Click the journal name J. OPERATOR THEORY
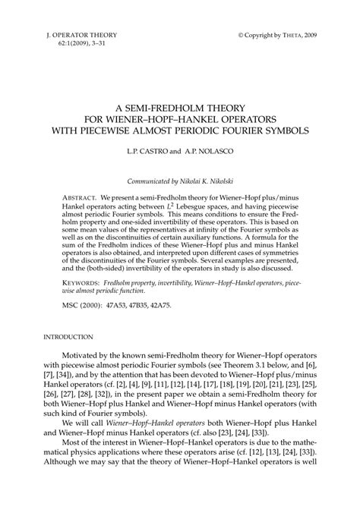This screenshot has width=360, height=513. pyautogui.click(x=71, y=36)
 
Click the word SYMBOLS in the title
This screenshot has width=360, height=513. pyautogui.click(x=281, y=130)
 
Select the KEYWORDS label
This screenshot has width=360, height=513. pyautogui.click(x=84, y=282)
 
